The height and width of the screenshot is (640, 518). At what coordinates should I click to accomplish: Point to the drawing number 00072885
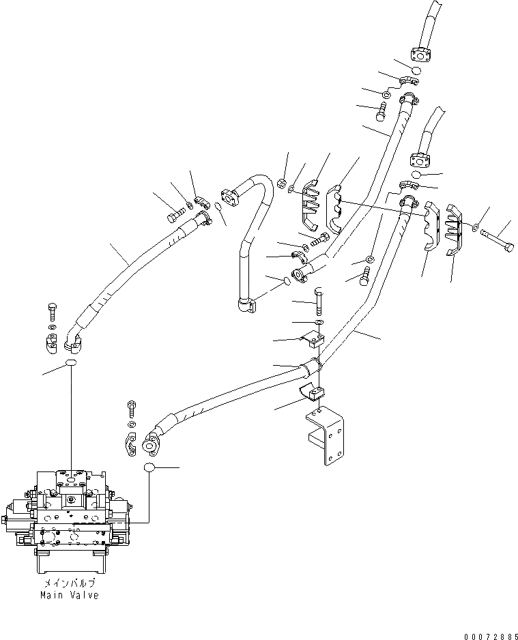(489, 635)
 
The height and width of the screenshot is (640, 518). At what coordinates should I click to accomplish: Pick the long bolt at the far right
(498, 239)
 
